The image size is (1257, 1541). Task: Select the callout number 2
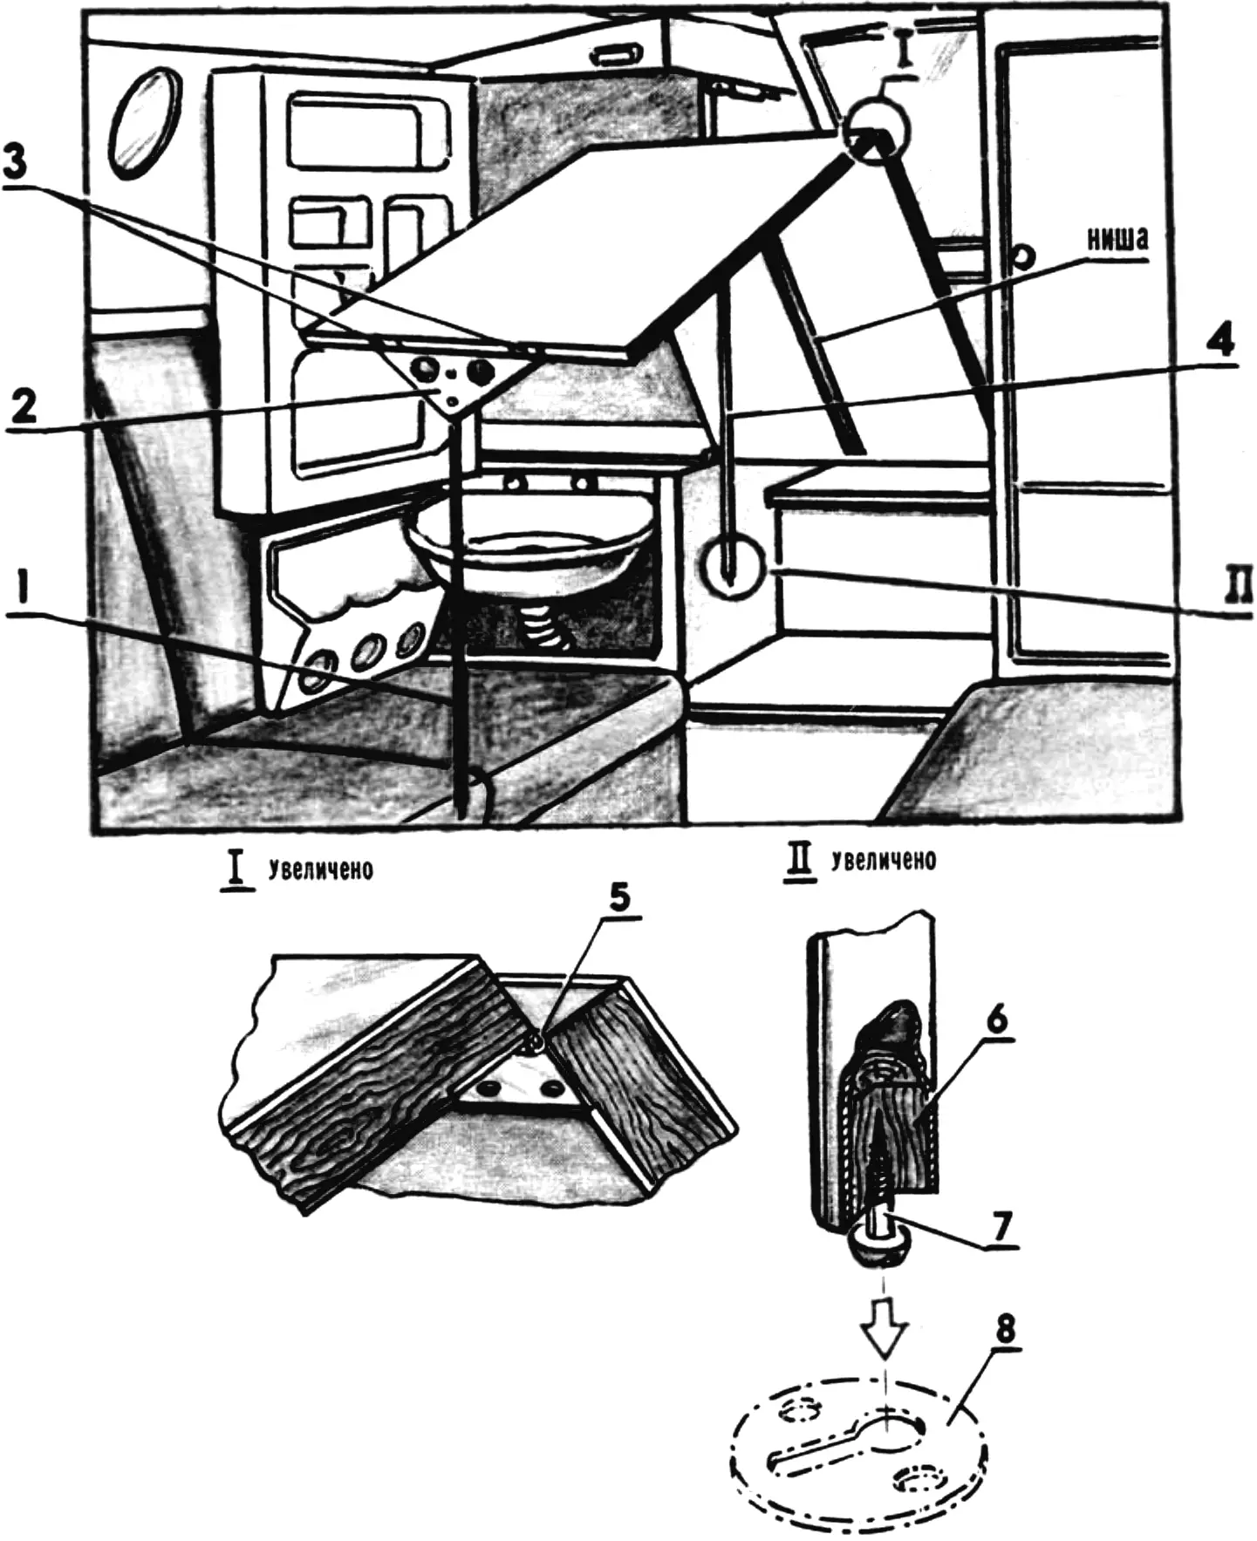[23, 406]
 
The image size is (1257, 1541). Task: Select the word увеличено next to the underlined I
[320, 870]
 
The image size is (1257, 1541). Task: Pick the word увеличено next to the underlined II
[885, 860]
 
